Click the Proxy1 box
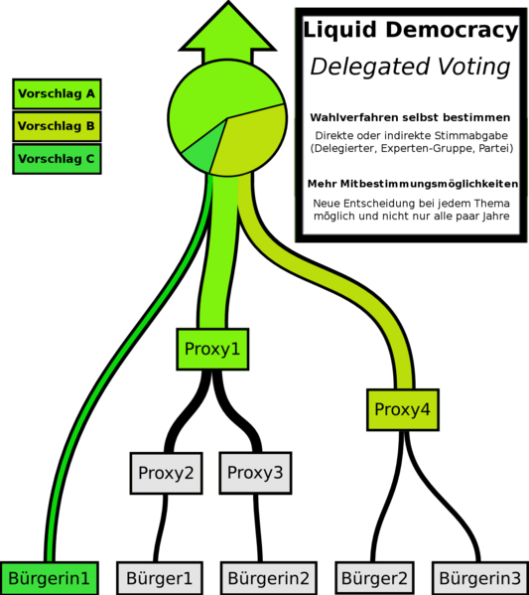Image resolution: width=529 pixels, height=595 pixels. click(212, 349)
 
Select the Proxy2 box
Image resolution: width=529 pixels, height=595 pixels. click(166, 473)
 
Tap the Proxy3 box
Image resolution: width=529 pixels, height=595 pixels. click(255, 473)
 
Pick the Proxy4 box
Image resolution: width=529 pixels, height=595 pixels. click(403, 410)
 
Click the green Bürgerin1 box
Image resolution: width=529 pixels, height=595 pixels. click(50, 578)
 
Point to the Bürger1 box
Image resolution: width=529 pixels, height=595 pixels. click(159, 578)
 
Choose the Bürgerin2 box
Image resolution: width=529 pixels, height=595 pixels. click(269, 578)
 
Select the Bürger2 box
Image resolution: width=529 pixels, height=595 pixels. click(374, 578)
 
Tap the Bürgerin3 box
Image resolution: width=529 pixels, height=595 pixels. click(480, 578)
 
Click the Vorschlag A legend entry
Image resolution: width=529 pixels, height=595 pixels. click(57, 93)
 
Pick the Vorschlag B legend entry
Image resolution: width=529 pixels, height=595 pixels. click(57, 126)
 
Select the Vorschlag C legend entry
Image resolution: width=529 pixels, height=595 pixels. click(57, 159)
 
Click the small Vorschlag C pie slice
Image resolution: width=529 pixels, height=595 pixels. click(202, 154)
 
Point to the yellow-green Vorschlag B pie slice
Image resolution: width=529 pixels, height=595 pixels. click(252, 142)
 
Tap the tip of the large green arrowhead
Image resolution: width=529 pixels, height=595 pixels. click(228, 2)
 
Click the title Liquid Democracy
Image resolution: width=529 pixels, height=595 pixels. click(411, 30)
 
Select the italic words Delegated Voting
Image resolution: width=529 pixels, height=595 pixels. click(411, 67)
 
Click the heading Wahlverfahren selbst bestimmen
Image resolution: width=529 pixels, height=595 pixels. click(410, 117)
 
